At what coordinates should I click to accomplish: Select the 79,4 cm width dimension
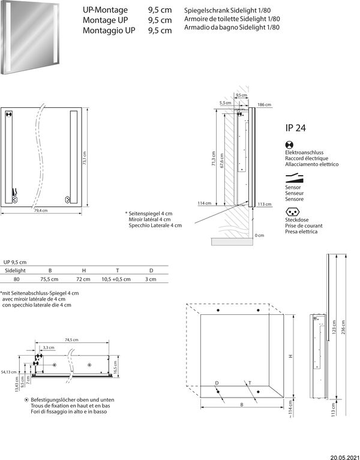(x=41, y=211)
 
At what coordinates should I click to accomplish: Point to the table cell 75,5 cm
(x=49, y=279)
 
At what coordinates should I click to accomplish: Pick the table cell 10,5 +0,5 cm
(x=116, y=279)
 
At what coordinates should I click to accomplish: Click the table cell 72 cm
(x=83, y=279)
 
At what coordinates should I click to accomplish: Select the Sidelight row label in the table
(x=16, y=271)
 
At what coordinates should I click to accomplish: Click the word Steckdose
(x=298, y=221)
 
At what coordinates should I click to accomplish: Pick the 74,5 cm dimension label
(x=71, y=340)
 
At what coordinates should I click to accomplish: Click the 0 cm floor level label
(x=259, y=235)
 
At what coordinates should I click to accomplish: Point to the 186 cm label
(x=264, y=105)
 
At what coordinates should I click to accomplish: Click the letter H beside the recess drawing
(x=290, y=356)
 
